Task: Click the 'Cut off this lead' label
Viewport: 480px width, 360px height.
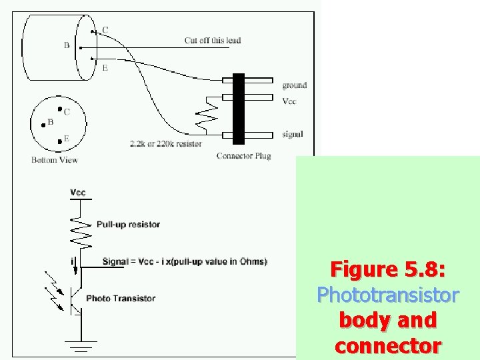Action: pos(213,41)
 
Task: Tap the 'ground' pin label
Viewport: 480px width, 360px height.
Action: pos(294,85)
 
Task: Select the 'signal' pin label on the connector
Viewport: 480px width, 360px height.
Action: pos(292,135)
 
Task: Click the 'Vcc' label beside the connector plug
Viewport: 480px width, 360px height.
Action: pos(289,101)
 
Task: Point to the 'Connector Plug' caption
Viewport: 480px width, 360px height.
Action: pos(243,156)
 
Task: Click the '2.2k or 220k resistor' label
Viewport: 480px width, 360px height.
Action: pos(166,143)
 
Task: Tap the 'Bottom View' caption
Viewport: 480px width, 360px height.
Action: pos(55,160)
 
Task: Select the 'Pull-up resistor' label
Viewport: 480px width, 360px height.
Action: pos(128,225)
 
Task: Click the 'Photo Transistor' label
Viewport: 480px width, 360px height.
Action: pos(121,299)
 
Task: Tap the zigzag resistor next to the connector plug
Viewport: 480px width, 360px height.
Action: pos(205,116)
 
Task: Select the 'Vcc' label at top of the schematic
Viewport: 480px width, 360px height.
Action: pos(78,193)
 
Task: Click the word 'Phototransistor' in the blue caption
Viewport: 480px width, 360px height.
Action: pos(387,295)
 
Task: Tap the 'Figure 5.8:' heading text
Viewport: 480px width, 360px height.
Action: pos(387,270)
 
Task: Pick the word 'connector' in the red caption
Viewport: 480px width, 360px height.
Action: pos(387,346)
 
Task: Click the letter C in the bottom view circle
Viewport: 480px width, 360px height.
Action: pos(67,112)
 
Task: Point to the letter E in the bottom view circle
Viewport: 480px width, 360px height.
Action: pos(66,139)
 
